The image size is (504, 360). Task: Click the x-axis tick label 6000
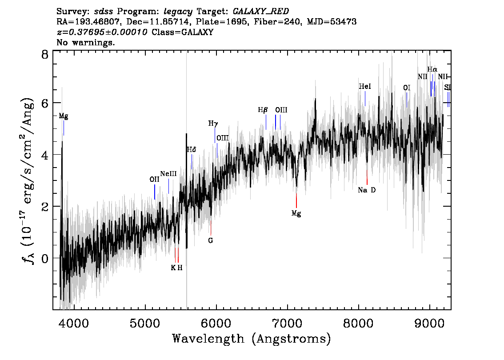click(216, 323)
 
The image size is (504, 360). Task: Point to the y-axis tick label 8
click(45, 54)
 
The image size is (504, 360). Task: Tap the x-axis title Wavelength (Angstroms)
click(252, 339)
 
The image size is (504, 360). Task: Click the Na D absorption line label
click(367, 190)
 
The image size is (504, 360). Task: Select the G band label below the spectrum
click(211, 240)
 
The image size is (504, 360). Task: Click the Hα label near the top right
click(432, 69)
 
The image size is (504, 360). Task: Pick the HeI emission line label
click(365, 86)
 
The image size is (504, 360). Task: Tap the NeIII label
click(168, 174)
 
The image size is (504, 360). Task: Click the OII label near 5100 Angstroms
click(155, 180)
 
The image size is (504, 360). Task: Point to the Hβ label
click(263, 110)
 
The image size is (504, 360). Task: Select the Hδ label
click(192, 149)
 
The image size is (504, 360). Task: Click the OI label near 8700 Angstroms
click(407, 88)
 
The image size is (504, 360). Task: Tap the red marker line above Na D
click(367, 177)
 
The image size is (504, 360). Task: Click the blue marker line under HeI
click(365, 99)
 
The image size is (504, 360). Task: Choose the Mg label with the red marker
click(296, 213)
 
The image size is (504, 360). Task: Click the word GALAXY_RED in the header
click(261, 11)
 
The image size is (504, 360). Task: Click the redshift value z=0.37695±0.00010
click(102, 32)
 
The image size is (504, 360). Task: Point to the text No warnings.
click(85, 42)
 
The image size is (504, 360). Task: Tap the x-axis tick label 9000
click(430, 323)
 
